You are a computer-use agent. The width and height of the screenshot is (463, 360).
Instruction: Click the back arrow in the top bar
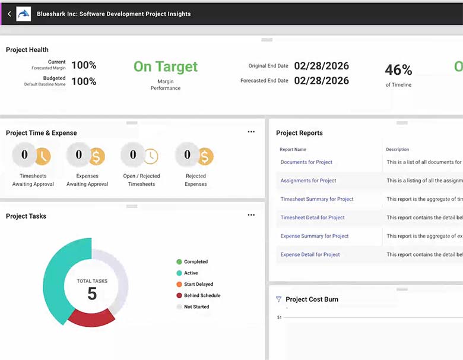click(x=9, y=14)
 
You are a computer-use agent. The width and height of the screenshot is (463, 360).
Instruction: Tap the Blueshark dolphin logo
click(x=24, y=14)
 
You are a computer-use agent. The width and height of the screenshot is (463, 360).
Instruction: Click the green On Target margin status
click(x=165, y=67)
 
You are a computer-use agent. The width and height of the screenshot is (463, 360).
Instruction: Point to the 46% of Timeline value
click(x=398, y=70)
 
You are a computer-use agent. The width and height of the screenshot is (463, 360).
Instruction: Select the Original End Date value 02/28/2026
click(x=321, y=66)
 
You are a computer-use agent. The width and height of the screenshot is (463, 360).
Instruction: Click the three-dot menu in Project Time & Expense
click(x=251, y=132)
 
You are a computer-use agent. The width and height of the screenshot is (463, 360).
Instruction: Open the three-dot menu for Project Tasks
click(x=251, y=215)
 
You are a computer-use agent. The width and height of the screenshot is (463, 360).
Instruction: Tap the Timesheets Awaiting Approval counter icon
click(x=33, y=156)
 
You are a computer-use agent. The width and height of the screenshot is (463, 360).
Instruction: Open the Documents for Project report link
click(x=306, y=162)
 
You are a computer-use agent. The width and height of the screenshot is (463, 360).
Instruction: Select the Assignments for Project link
click(x=308, y=181)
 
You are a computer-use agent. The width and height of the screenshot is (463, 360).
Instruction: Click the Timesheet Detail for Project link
click(x=312, y=217)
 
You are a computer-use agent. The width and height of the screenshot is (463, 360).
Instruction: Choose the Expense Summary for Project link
click(x=315, y=236)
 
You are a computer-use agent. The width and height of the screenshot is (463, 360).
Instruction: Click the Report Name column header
click(x=293, y=149)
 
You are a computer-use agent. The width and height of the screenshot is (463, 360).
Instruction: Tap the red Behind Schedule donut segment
click(x=91, y=318)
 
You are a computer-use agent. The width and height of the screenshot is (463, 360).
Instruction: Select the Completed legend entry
click(x=195, y=262)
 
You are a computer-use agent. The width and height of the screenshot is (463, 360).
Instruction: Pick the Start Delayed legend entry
click(x=198, y=285)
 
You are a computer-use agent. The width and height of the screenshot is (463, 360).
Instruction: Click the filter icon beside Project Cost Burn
click(x=278, y=299)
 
